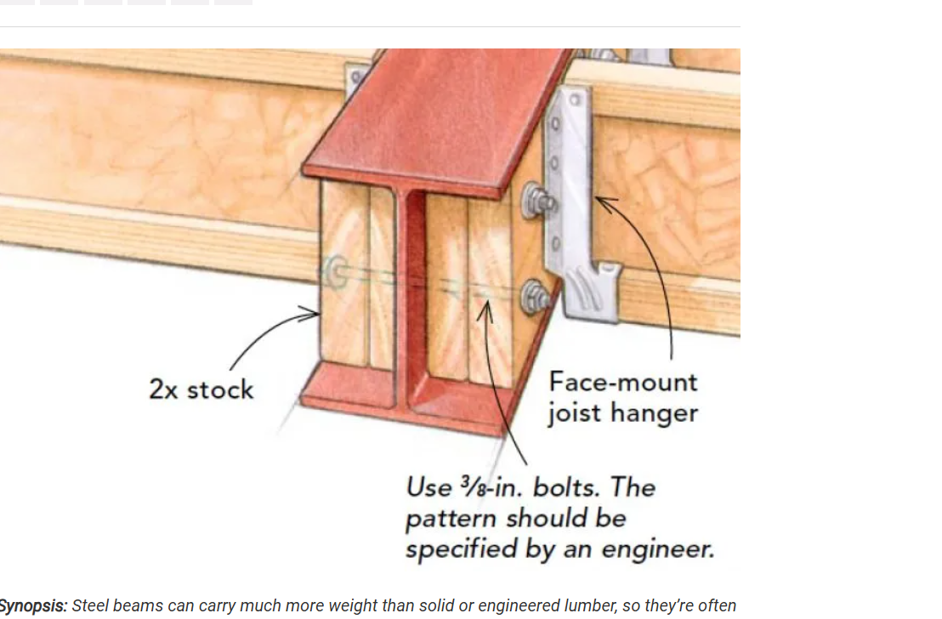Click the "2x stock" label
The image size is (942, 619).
(201, 389)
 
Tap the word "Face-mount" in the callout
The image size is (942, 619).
(623, 383)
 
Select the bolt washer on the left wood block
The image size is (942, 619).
(336, 272)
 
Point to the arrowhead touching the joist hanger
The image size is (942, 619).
(604, 202)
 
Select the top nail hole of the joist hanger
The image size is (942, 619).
(576, 99)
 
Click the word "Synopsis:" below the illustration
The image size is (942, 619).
(33, 605)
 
